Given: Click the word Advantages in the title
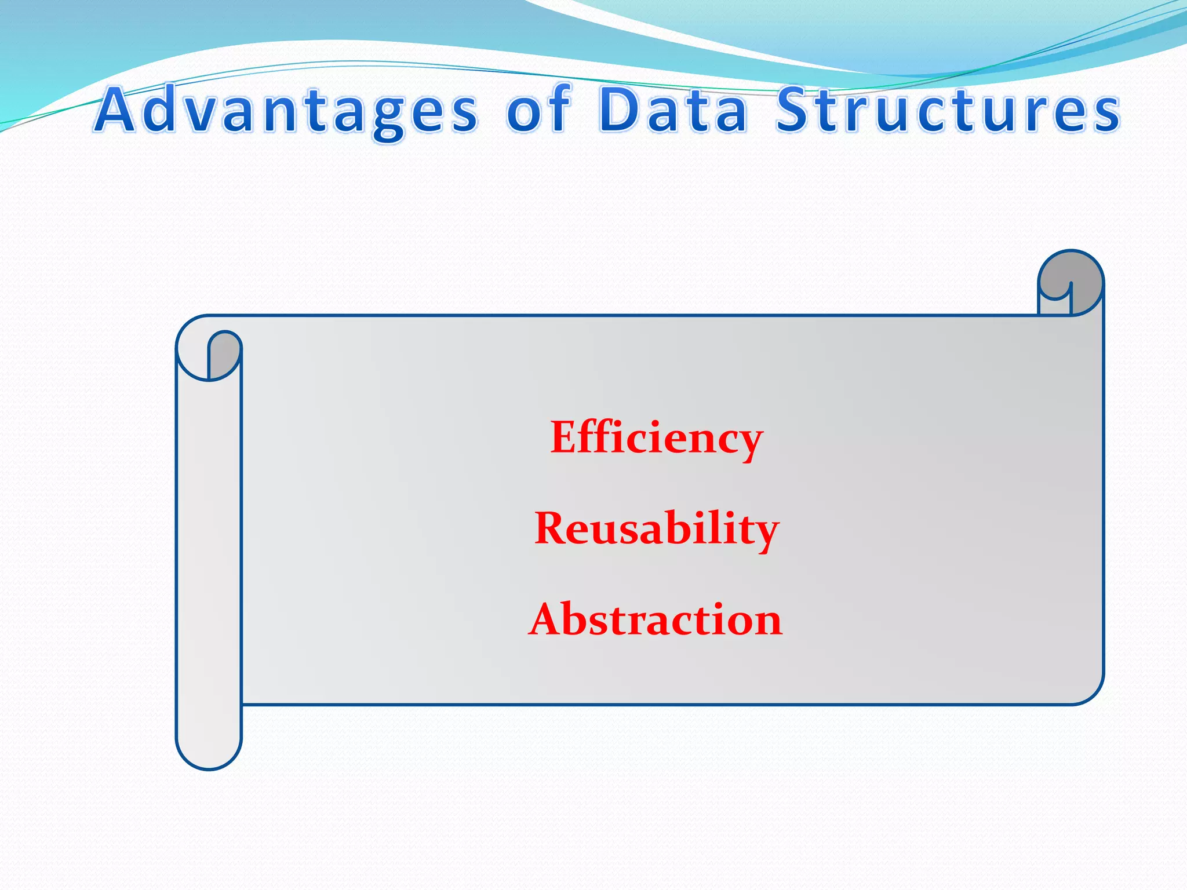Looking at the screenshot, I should (287, 110).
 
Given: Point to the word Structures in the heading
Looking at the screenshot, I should (948, 110).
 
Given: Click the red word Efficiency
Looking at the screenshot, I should (656, 438).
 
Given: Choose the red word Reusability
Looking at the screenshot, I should (656, 528).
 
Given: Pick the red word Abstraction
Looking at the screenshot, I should (656, 619).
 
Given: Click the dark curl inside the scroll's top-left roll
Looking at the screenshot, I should (223, 353).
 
